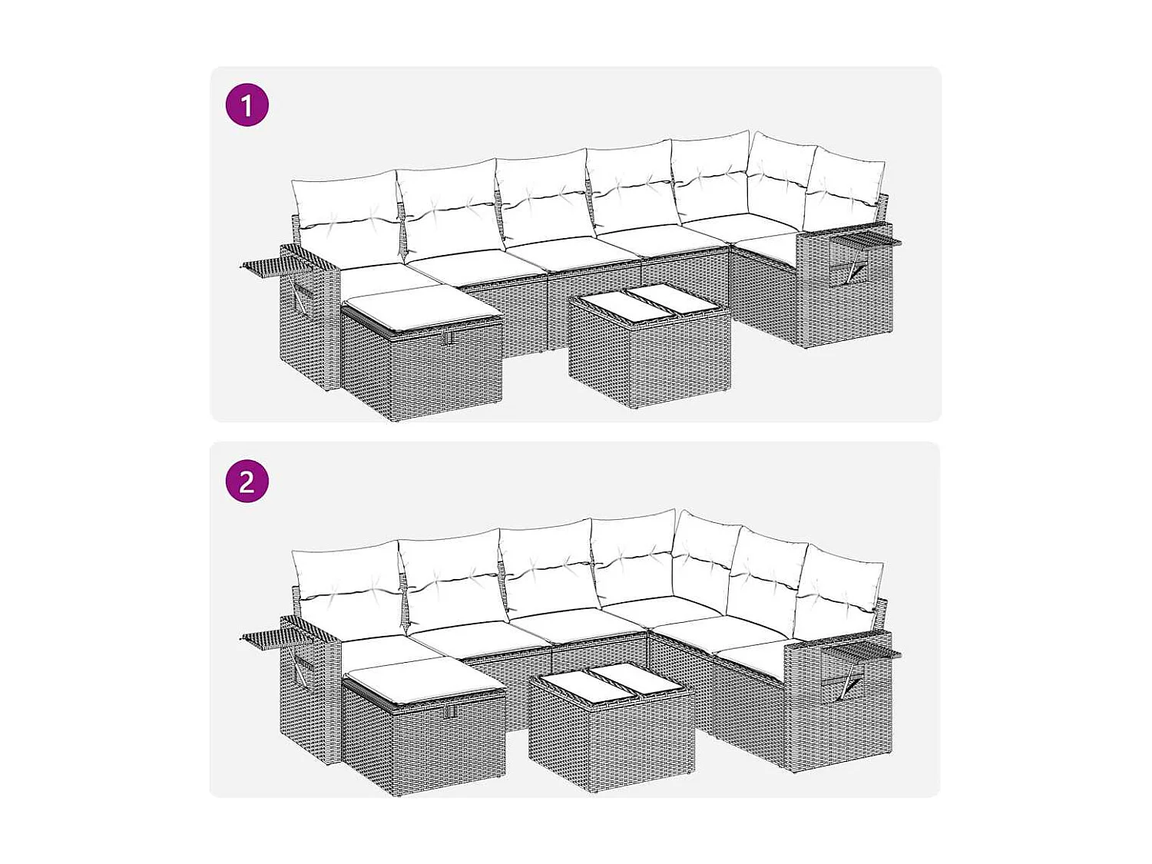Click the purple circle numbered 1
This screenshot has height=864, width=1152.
247,105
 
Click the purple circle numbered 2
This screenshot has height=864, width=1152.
247,482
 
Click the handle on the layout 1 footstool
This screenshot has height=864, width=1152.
449,337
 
